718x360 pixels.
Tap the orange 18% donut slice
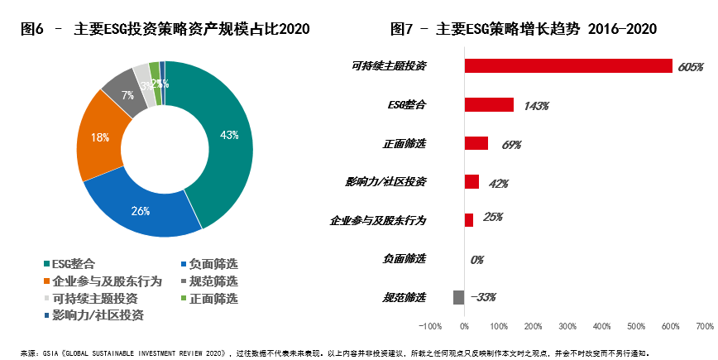[x=99, y=138]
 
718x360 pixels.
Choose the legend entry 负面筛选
[x=213, y=265]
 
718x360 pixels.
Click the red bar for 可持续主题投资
[x=568, y=65]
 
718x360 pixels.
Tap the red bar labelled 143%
[x=489, y=104]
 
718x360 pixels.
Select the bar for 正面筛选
[x=476, y=143]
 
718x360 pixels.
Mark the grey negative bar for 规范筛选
[x=459, y=297]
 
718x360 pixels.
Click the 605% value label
[x=690, y=66]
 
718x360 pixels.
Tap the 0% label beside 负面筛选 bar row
[x=477, y=260]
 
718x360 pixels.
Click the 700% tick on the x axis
[x=705, y=326]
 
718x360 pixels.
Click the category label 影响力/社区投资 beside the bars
[x=388, y=181]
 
